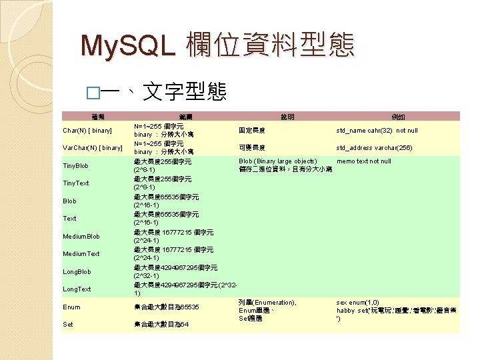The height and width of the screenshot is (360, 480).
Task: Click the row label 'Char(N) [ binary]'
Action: click(87, 130)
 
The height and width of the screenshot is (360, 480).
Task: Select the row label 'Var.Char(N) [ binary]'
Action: click(93, 147)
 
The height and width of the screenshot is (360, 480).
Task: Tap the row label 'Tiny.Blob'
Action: click(76, 165)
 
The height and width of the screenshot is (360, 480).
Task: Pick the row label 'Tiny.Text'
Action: click(76, 183)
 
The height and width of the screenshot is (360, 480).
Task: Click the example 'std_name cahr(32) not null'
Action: click(377, 130)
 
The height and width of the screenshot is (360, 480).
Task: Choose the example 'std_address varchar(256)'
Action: click(375, 147)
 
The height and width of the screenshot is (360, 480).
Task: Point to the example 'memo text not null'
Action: click(364, 161)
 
